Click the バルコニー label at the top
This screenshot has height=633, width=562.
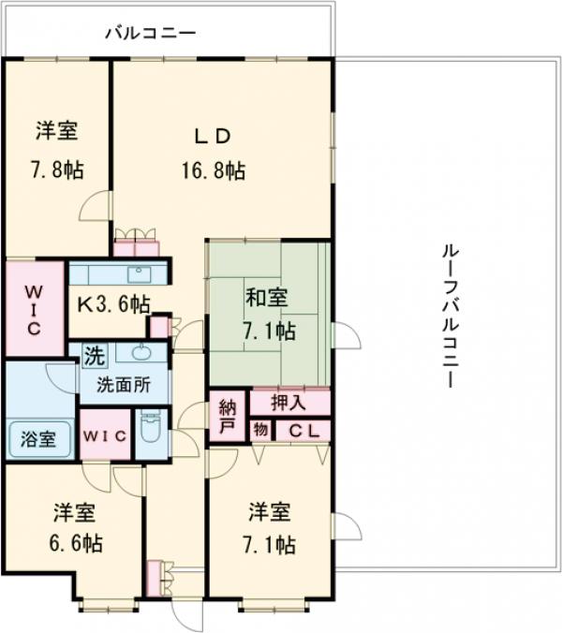tap(149, 34)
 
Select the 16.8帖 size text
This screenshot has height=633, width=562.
tap(213, 170)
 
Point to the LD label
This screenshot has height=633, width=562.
tap(213, 136)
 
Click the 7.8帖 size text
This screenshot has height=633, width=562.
tap(55, 170)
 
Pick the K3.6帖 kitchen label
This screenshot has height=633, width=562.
tap(112, 302)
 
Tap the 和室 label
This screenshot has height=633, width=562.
tap(267, 299)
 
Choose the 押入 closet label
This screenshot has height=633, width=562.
tap(288, 404)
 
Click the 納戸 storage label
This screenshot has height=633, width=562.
tap(228, 414)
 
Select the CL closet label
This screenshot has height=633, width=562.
tap(303, 431)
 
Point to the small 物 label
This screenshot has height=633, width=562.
tap(260, 431)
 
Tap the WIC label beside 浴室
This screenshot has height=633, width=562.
tap(105, 435)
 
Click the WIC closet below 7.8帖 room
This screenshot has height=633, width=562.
tap(33, 309)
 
